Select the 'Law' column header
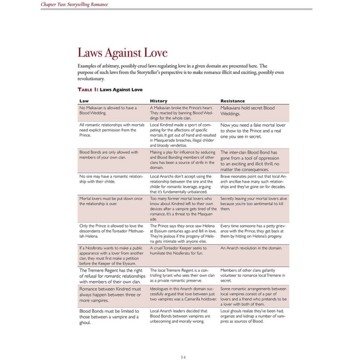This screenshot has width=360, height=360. click(x=84, y=101)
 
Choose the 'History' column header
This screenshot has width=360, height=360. click(x=158, y=101)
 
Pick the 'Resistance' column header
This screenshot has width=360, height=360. click(x=233, y=101)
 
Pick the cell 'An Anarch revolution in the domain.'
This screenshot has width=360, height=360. click(x=251, y=248)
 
